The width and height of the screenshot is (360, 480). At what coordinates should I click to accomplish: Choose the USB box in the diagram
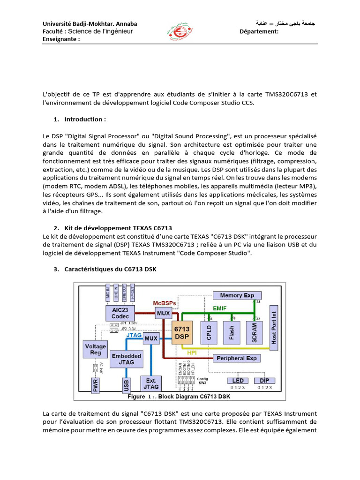click(x=126, y=385)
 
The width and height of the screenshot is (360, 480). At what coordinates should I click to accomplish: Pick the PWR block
click(x=95, y=385)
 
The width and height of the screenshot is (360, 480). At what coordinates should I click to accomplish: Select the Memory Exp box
click(x=237, y=295)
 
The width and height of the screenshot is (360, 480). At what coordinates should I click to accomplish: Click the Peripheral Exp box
click(x=237, y=358)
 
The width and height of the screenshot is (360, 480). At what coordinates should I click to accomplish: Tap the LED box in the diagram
click(x=238, y=380)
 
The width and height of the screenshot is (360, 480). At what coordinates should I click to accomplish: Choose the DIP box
click(x=265, y=380)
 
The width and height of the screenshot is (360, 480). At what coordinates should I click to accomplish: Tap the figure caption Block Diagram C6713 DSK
click(x=196, y=397)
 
